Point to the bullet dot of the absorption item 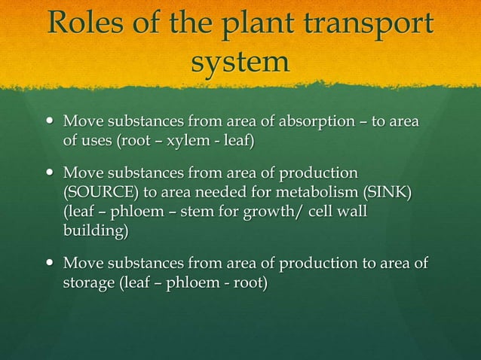click(50, 121)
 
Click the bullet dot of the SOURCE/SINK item click(50, 173)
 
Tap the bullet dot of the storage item click(50, 264)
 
